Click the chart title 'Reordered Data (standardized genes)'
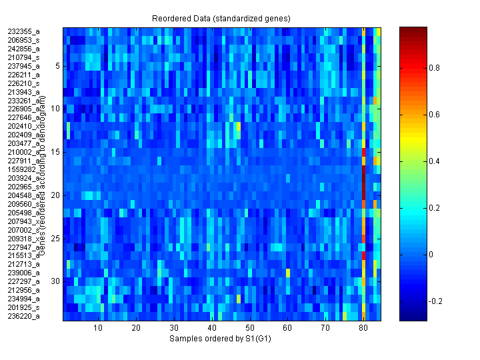[220, 17]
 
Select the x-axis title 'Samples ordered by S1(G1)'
[220, 339]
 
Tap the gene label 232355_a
[24, 31]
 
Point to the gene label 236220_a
[24, 316]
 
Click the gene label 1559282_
[24, 169]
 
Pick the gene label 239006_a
[24, 273]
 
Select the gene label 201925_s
[24, 307]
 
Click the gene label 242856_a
[24, 49]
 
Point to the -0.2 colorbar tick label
[437, 301]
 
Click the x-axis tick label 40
[212, 329]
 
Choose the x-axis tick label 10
[98, 329]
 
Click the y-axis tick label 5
[58, 66]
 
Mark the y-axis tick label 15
[56, 152]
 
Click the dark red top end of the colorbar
[413, 30]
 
